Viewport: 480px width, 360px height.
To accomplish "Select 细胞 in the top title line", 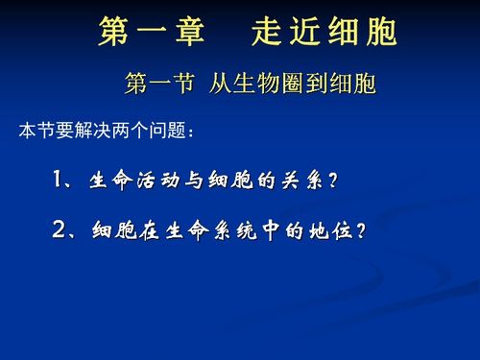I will click(369, 34).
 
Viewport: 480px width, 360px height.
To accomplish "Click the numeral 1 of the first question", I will click(60, 180).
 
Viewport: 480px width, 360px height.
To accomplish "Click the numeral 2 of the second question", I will click(60, 231).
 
